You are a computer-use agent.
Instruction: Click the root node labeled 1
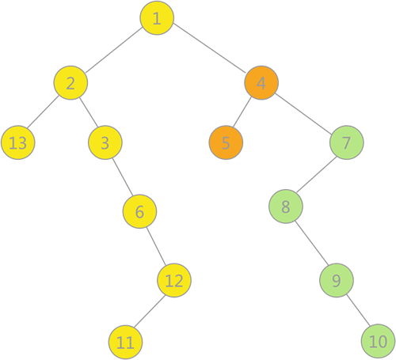157,18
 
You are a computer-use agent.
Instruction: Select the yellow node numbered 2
70,83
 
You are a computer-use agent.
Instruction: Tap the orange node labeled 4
261,83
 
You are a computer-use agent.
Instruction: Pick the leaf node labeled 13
18,142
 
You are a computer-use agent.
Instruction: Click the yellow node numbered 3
105,142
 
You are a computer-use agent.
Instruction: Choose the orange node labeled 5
226,142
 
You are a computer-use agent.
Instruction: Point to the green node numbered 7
347,142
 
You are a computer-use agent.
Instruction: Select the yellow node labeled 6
139,211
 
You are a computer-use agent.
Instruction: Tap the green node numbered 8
286,207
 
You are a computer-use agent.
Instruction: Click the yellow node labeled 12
174,280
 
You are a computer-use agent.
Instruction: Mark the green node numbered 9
337,280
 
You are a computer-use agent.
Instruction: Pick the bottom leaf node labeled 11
125,343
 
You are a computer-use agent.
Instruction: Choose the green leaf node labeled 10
378,341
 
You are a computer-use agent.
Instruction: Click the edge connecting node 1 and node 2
114,50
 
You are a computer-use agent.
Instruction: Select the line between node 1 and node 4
209,47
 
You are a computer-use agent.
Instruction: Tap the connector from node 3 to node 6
123,177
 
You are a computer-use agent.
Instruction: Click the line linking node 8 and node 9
311,243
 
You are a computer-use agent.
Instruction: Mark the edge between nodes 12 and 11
150,312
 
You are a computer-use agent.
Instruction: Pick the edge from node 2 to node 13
43,112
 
